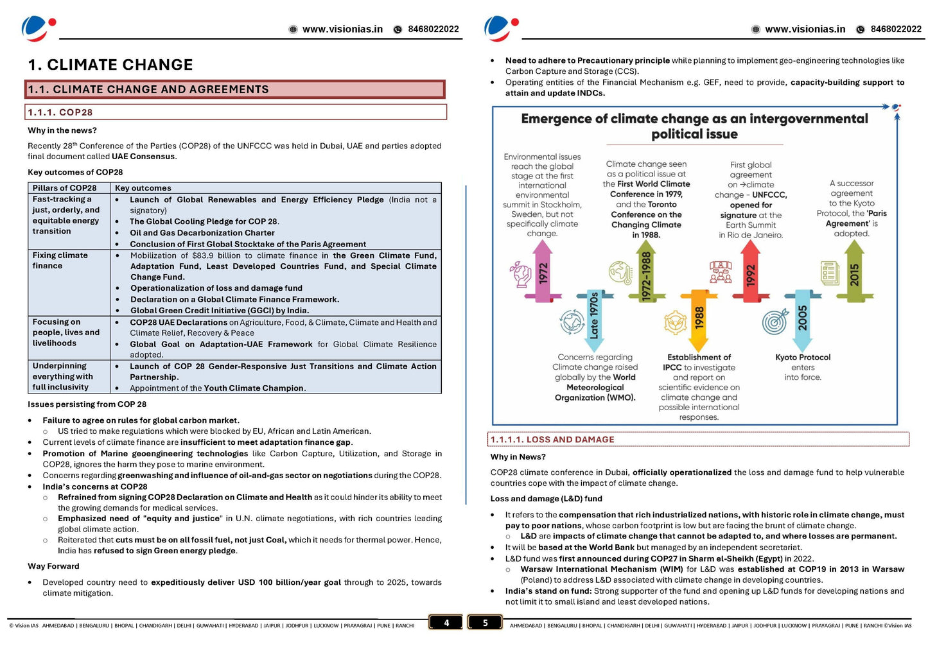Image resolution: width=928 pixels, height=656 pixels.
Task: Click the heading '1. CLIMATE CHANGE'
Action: tap(110, 65)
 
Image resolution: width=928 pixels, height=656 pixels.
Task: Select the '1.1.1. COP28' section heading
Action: tap(60, 112)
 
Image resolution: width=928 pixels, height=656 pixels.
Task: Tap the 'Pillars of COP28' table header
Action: tap(64, 188)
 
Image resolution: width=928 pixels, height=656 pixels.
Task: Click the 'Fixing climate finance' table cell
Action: tap(60, 261)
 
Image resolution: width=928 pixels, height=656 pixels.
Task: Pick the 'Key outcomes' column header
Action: tap(143, 188)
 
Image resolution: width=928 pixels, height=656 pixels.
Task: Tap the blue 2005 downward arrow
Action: tap(802, 319)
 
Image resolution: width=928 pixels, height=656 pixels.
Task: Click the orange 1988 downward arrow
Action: tap(699, 319)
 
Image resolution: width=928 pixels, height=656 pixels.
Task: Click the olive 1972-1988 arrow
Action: tap(646, 275)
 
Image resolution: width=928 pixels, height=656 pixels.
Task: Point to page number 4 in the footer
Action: tap(446, 623)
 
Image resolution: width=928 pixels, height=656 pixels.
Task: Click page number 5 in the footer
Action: tap(485, 623)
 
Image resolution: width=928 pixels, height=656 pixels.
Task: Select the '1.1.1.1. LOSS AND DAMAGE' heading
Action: tap(552, 440)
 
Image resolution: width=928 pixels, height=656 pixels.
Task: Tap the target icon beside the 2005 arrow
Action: tap(775, 322)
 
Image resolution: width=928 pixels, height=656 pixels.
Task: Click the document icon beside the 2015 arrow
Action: tap(830, 273)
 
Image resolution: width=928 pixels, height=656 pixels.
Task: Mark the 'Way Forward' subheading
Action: tap(53, 566)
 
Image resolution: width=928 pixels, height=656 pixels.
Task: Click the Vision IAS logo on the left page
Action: tap(38, 28)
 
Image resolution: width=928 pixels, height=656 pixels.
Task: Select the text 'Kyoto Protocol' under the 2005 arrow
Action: tap(803, 358)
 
